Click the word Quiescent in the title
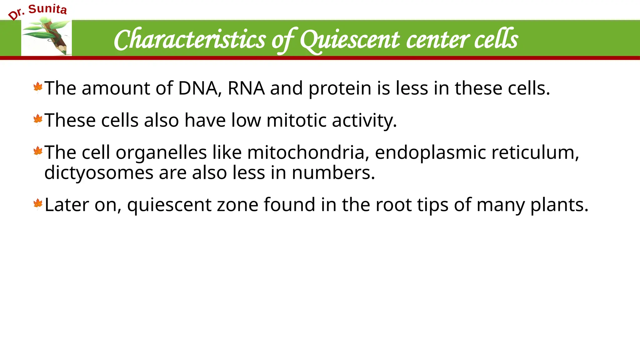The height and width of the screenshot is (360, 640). tap(350, 40)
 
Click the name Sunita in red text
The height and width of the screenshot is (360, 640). tap(47, 9)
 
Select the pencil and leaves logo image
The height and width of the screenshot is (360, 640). tap(47, 37)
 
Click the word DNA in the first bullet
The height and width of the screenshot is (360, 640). tap(197, 88)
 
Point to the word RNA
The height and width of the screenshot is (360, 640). tap(246, 88)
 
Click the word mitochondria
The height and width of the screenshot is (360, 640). tap(306, 152)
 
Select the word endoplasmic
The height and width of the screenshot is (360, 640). tap(430, 153)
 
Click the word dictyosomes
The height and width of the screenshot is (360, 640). tap(99, 173)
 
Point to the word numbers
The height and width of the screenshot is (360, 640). tap(333, 173)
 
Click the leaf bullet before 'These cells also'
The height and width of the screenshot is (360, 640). tap(38, 119)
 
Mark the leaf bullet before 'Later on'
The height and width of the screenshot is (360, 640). tap(38, 204)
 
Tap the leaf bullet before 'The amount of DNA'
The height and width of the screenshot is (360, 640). tap(38, 87)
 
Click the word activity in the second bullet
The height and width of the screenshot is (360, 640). tap(364, 121)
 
